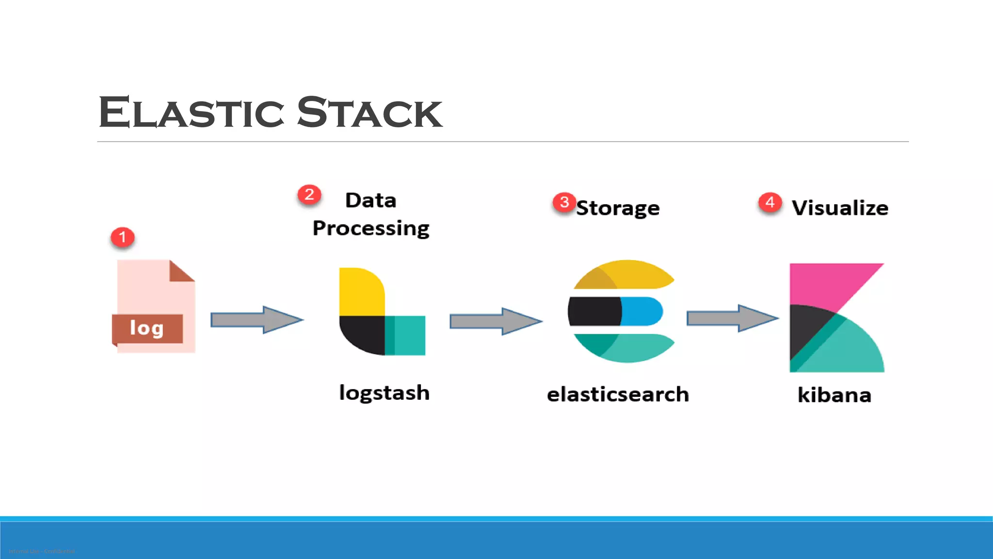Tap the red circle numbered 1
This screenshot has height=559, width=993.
pos(122,237)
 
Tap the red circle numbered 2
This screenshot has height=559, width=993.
pos(309,195)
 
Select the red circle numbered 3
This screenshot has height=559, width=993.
pos(564,202)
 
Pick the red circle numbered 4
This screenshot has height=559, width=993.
pos(770,202)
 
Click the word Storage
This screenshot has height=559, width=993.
pos(618,208)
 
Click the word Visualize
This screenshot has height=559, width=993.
pos(840,208)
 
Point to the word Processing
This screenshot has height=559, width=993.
pos(371,228)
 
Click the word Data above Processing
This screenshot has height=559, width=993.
pos(371,200)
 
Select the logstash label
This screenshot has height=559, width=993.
pos(384,393)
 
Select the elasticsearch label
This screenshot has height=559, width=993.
pos(618,394)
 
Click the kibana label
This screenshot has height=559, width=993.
pos(834,395)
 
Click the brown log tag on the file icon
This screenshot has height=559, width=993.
pos(147,329)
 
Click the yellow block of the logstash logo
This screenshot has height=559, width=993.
pos(360,291)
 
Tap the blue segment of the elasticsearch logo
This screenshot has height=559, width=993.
pos(641,311)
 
